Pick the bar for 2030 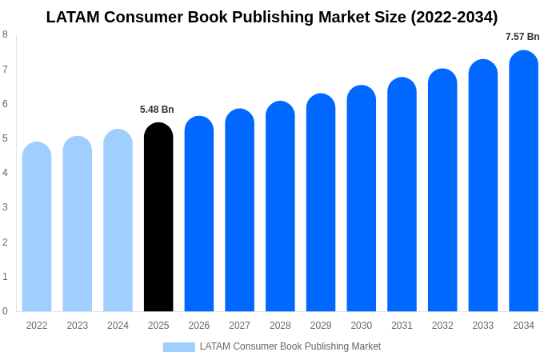point(361,199)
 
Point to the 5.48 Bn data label point(157,110)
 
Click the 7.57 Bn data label point(522,37)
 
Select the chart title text point(272,17)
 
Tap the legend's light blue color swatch point(178,347)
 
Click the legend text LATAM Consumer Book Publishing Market point(290,346)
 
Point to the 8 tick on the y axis point(5,34)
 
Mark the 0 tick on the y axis point(5,311)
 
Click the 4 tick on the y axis point(5,173)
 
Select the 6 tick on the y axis point(5,104)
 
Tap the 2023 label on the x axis point(78,326)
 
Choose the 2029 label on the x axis point(321,326)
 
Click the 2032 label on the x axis point(442,326)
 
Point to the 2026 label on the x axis point(199,326)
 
